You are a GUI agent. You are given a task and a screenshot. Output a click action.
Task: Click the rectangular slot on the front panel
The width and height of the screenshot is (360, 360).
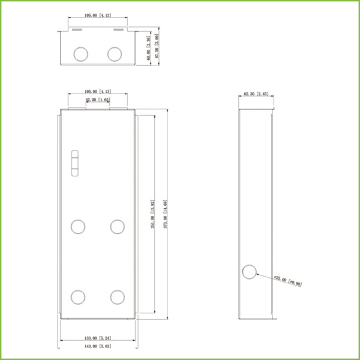pyautogui.click(x=75, y=163)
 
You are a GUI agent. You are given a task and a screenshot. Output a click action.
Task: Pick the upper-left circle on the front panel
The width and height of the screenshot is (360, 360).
pyautogui.click(x=79, y=226)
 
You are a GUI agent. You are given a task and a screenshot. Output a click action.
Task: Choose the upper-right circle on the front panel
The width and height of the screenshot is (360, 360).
pyautogui.click(x=117, y=226)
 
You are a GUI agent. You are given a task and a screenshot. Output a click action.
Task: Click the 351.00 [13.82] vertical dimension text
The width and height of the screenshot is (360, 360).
pyautogui.click(x=153, y=215)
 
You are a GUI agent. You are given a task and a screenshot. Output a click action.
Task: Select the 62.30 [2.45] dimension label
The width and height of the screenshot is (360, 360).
pyautogui.click(x=257, y=94)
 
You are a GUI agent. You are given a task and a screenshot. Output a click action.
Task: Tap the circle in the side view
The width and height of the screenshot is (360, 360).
pyautogui.click(x=248, y=271)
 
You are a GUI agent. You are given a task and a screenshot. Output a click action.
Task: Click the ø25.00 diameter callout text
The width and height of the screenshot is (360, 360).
pyautogui.click(x=289, y=281)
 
